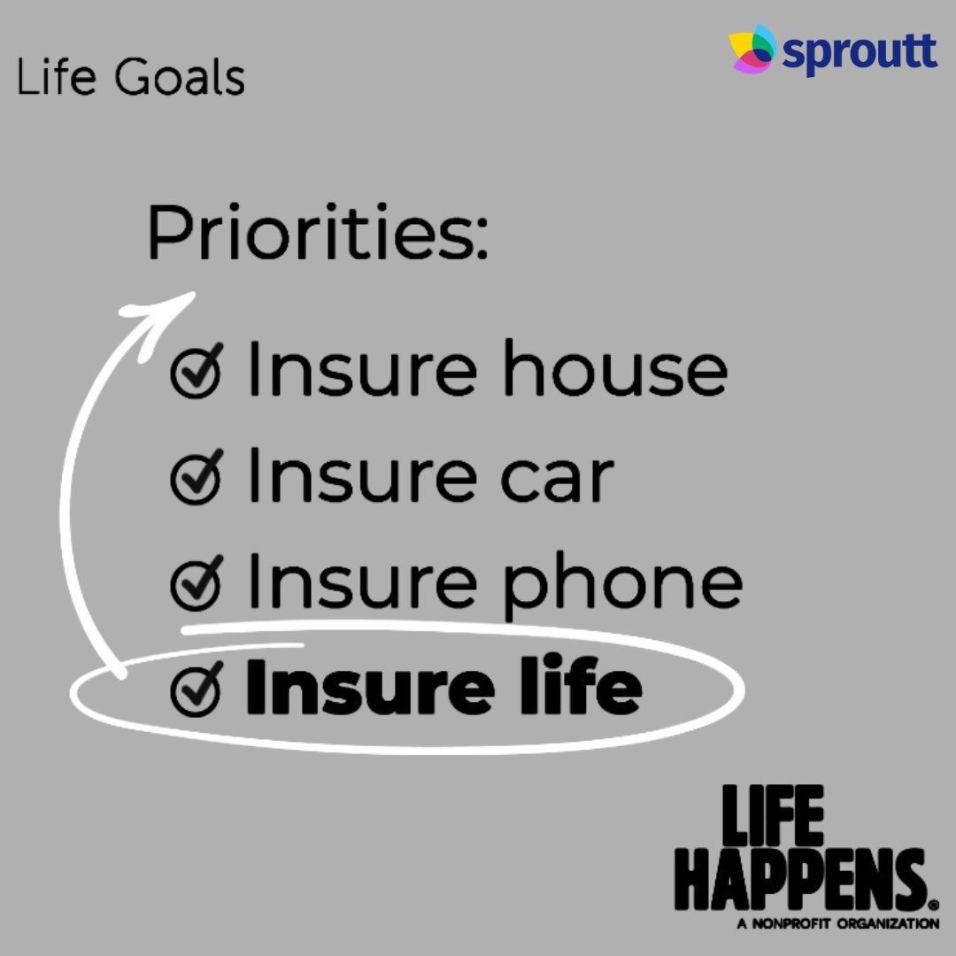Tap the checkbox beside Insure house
[x=197, y=373]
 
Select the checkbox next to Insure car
[x=197, y=479]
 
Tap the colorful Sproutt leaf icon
[x=752, y=50]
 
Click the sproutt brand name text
[x=860, y=53]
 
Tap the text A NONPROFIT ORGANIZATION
[x=837, y=924]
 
